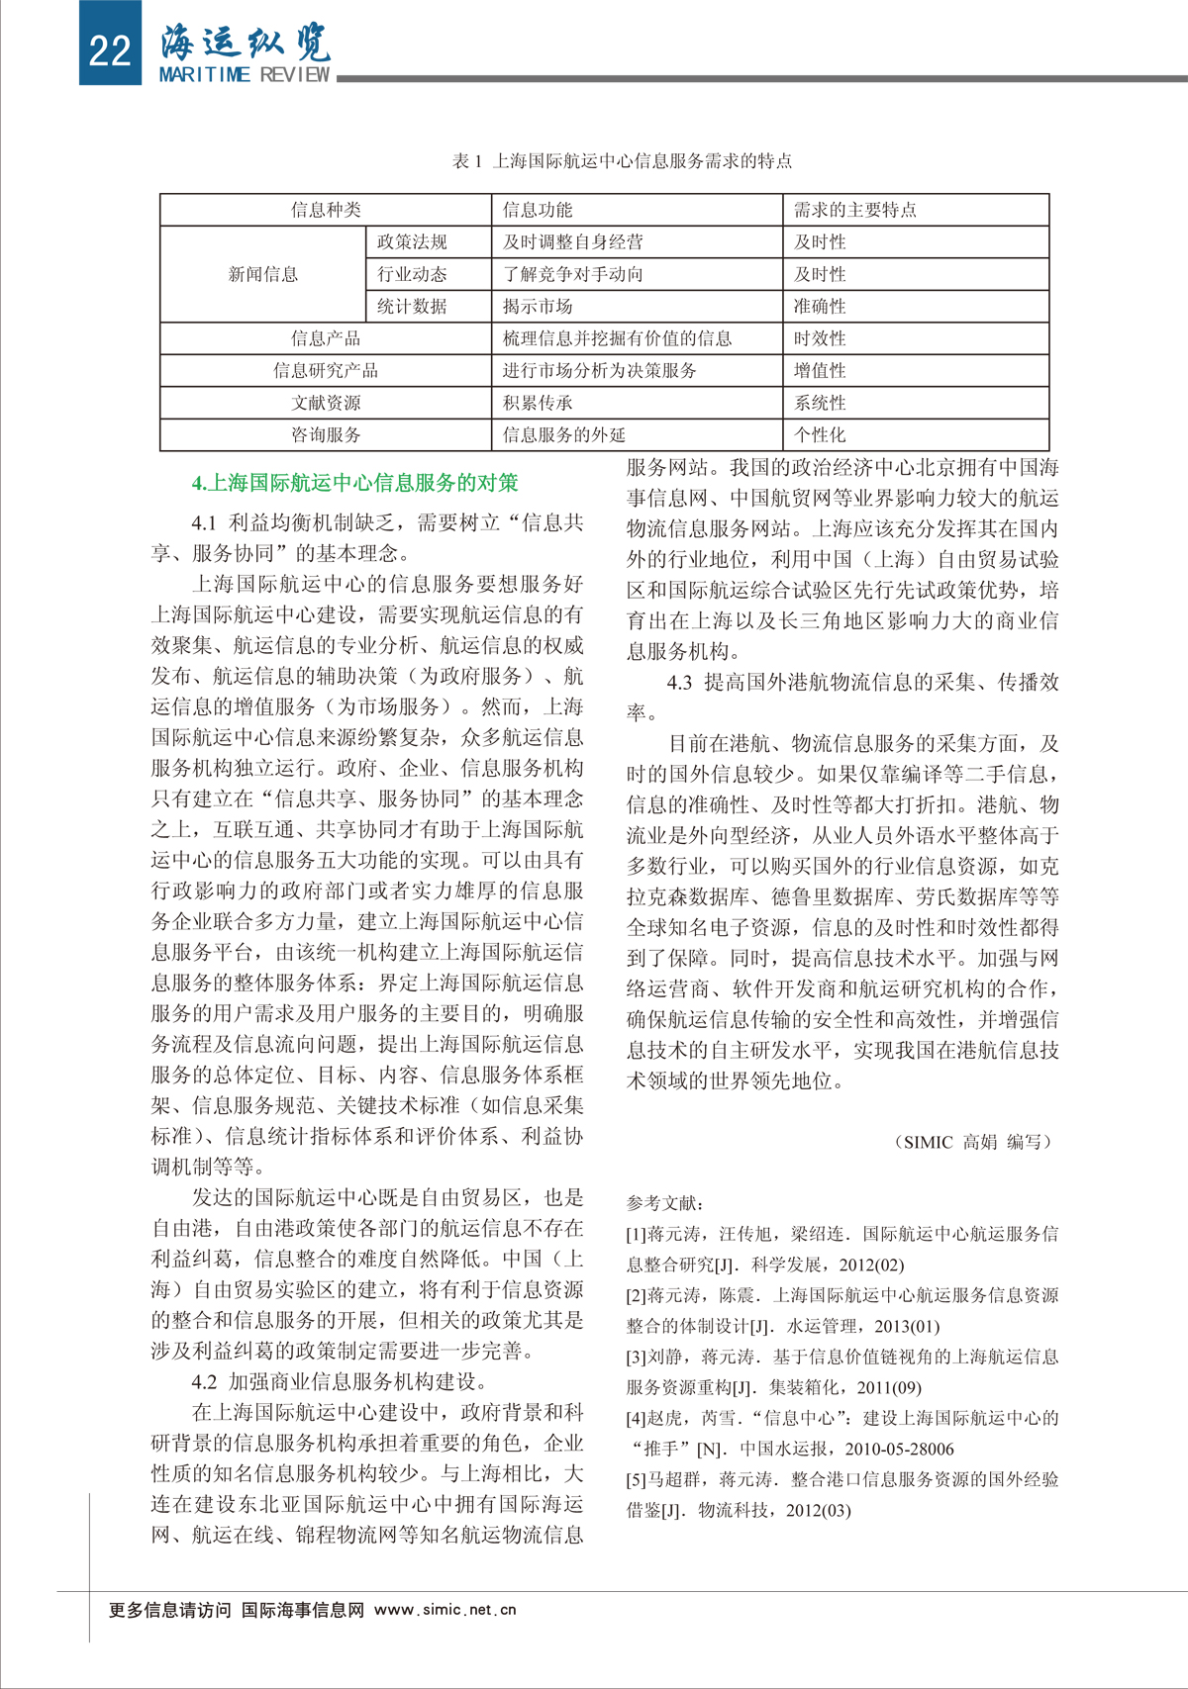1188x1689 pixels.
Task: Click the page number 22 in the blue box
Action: [109, 49]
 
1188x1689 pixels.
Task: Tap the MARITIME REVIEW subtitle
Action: [245, 75]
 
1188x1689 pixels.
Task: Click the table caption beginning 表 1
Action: [622, 160]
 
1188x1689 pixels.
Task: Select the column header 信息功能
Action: [538, 210]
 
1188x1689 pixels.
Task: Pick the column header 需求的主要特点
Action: [855, 210]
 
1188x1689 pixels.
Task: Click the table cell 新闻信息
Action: [263, 274]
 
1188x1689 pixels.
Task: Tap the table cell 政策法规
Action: [412, 241]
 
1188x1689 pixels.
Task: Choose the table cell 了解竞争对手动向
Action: [573, 274]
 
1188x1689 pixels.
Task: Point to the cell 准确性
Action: [820, 307]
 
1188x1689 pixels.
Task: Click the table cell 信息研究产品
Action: [326, 371]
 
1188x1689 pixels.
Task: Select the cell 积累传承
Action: [538, 403]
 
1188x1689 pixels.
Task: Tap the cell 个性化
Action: [820, 435]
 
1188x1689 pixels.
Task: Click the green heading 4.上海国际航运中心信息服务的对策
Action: [354, 483]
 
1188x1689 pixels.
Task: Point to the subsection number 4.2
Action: [205, 1381]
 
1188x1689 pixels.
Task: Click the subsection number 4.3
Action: [680, 683]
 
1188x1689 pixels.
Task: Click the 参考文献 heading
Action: [665, 1203]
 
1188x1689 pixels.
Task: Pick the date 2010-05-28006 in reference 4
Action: [899, 1449]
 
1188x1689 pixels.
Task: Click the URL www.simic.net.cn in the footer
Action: [445, 1610]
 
